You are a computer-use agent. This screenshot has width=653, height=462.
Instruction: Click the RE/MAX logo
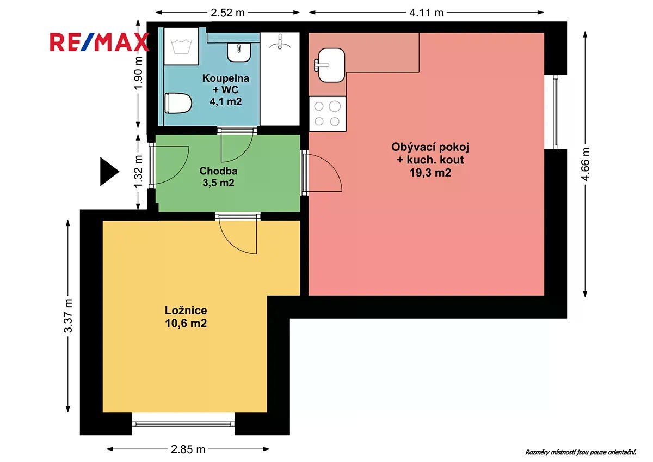[x=99, y=42]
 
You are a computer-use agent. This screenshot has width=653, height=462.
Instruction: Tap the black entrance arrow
[x=109, y=171]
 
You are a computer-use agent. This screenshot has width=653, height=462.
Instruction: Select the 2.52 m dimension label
[x=227, y=13]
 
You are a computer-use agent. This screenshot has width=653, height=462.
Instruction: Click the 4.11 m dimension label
[x=426, y=13]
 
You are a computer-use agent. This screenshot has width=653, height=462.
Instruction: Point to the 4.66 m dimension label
[x=586, y=164]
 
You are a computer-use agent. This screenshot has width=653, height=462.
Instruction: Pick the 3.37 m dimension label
[x=68, y=316]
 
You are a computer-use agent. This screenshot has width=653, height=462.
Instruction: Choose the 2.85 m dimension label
[x=188, y=449]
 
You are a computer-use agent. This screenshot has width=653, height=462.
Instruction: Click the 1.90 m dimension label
[x=138, y=73]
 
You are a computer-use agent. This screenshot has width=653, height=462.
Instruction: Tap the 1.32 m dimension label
[x=138, y=172]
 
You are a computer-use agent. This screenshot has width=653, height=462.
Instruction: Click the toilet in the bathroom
[x=178, y=103]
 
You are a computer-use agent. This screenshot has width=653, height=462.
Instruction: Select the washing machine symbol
[x=181, y=46]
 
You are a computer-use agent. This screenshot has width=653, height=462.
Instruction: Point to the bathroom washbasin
[x=239, y=52]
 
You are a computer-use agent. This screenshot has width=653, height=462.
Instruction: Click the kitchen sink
[x=331, y=65]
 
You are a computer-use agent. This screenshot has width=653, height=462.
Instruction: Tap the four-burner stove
[x=328, y=113]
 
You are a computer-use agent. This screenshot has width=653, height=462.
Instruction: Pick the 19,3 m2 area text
[x=430, y=173]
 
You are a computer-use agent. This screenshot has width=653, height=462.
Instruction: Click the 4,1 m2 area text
[x=226, y=101]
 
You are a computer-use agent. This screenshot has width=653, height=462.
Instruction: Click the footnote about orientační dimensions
[x=581, y=452]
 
